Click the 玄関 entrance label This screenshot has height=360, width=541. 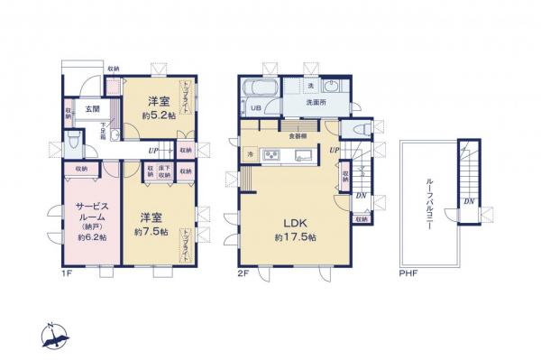tap(92, 108)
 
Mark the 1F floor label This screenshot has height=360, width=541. tap(67, 272)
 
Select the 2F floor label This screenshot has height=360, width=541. tap(244, 272)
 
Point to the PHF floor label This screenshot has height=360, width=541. tap(408, 272)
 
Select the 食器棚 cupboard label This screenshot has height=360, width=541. tap(297, 136)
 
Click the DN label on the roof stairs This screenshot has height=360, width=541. tap(469, 201)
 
